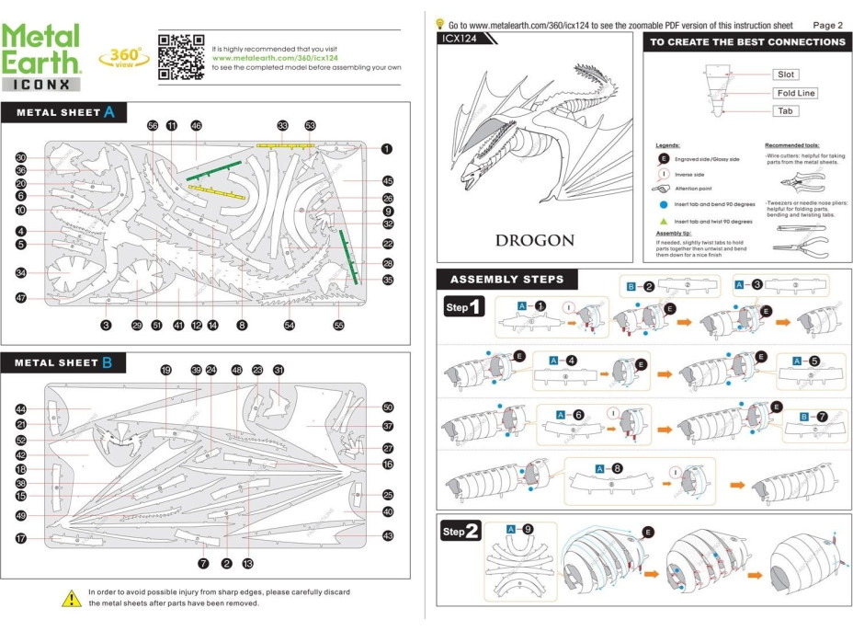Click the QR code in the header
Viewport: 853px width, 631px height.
point(180,57)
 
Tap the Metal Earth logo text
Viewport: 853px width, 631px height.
point(40,49)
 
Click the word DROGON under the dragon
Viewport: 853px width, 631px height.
point(534,241)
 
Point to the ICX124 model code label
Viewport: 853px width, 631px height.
point(463,40)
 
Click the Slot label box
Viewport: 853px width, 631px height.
point(785,75)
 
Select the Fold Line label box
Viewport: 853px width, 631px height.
point(795,93)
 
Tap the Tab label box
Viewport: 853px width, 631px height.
point(785,111)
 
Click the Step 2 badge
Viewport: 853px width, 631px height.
point(461,532)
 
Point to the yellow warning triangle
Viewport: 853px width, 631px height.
point(72,598)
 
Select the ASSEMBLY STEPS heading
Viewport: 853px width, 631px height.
point(506,280)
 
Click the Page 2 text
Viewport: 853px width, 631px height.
point(827,25)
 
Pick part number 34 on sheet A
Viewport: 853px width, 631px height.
point(21,273)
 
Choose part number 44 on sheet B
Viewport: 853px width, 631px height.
point(21,408)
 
